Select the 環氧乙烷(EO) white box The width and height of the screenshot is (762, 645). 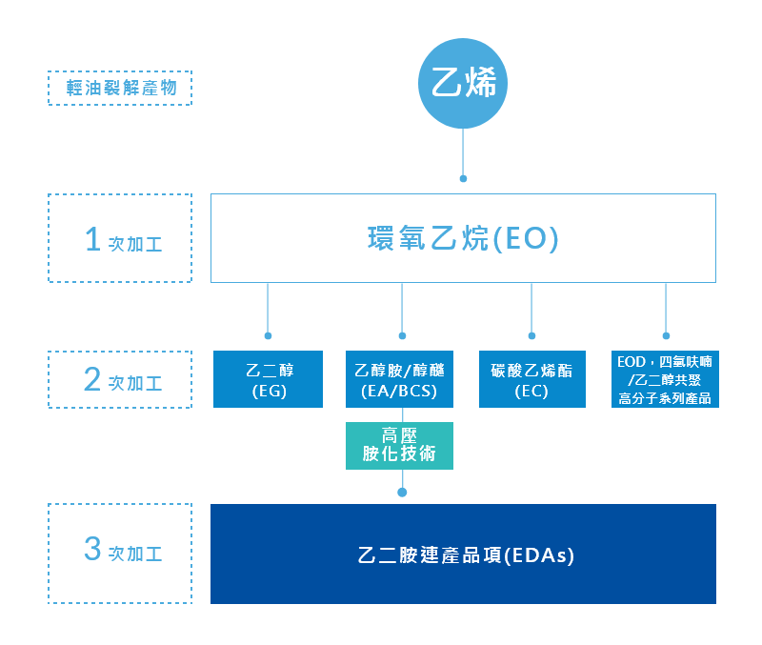tap(463, 238)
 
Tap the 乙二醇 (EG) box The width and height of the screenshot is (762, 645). tap(268, 379)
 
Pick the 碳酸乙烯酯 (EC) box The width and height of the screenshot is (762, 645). tap(531, 379)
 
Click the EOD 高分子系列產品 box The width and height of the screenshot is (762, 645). tap(665, 379)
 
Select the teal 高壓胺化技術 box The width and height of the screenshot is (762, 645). tap(399, 444)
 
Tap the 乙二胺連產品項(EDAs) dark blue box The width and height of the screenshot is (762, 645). tap(463, 554)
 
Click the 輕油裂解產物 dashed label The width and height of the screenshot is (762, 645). tap(120, 88)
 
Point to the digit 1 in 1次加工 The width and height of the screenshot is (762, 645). tap(92, 239)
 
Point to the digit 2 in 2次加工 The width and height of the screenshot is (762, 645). tap(92, 379)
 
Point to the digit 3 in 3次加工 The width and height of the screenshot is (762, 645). tap(92, 550)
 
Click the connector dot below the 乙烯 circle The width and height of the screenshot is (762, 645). tap(463, 178)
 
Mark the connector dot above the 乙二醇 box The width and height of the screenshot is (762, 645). tap(268, 335)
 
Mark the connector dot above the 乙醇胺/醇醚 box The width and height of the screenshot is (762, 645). tap(402, 335)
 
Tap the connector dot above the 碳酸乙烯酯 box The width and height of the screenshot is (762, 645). tap(531, 335)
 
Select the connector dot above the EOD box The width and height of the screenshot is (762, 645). tap(666, 335)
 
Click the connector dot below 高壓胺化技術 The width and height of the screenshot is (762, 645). tap(402, 493)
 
